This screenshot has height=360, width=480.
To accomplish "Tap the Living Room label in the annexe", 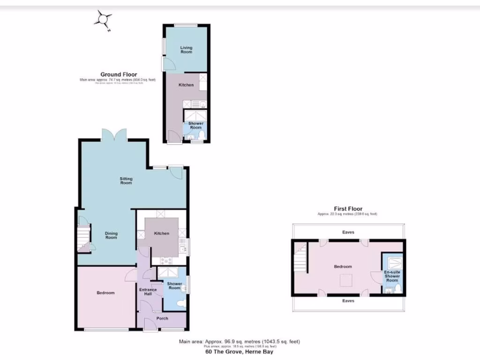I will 186,50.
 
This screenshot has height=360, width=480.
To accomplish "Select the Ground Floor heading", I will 119,75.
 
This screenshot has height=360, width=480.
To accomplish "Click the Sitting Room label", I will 126,180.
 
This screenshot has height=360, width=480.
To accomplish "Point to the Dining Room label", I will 111,235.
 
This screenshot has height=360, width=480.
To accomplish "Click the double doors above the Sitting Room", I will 114,135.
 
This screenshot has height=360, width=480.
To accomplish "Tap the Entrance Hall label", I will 148,292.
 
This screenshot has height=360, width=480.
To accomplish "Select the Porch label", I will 162,319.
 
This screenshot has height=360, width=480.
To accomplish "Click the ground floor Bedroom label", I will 105,293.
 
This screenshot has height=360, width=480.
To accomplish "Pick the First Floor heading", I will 348,209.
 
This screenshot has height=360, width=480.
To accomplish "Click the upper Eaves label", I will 348,232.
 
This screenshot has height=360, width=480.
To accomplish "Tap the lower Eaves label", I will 348,300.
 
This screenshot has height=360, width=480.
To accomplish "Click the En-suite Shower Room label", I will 392,276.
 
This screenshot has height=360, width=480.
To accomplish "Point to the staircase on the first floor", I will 300,258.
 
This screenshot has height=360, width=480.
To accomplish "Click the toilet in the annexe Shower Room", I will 202,135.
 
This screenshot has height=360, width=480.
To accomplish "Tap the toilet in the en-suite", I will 398,288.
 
